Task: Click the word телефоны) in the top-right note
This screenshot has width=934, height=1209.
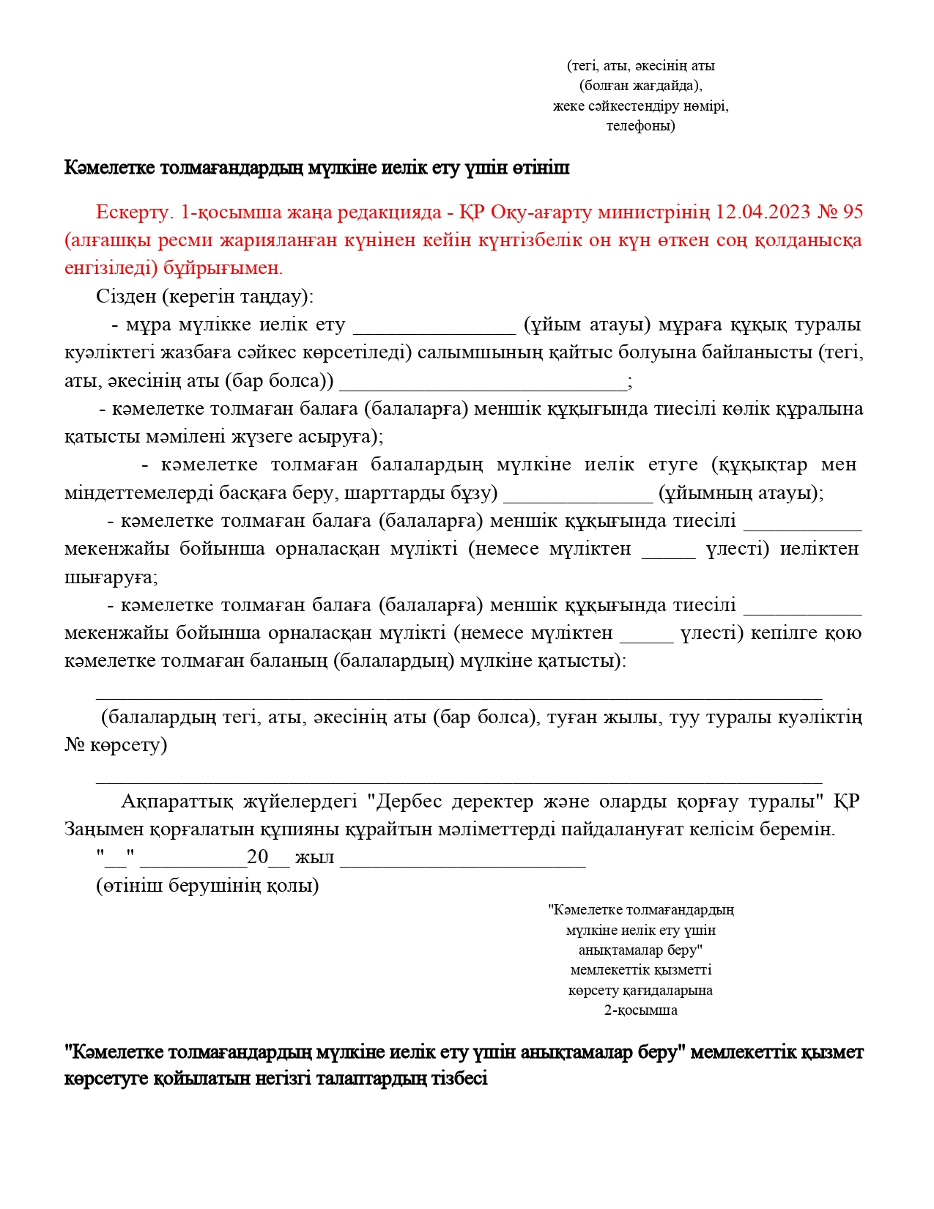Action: pyautogui.click(x=640, y=125)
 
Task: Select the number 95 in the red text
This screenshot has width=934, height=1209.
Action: pyautogui.click(x=853, y=212)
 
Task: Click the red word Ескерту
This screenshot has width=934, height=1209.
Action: pyautogui.click(x=133, y=212)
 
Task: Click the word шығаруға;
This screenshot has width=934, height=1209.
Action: pyautogui.click(x=111, y=577)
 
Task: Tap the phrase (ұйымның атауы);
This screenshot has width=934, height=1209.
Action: pyautogui.click(x=741, y=492)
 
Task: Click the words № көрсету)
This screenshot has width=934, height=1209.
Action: pyautogui.click(x=116, y=745)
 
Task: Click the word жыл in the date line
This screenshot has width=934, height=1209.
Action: pyautogui.click(x=314, y=857)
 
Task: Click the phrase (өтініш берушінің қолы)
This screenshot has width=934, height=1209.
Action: pyautogui.click(x=207, y=886)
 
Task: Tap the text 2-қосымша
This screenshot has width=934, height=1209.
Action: pyautogui.click(x=640, y=1010)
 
